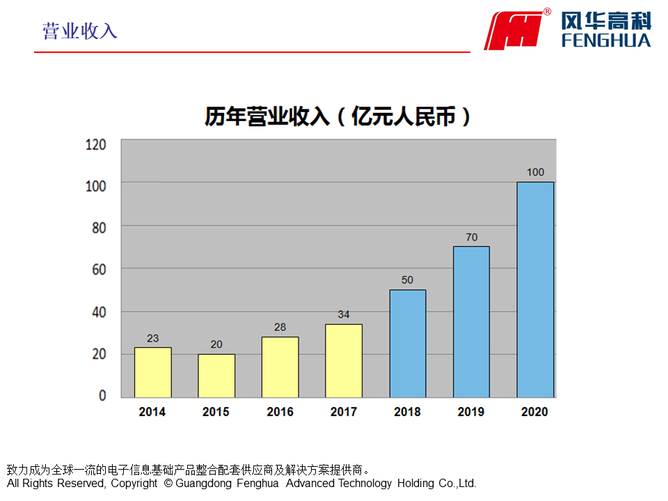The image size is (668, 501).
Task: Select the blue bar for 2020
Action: [x=535, y=289]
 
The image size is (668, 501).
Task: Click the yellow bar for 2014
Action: [x=152, y=372]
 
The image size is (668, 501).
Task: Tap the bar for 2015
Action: [x=216, y=376]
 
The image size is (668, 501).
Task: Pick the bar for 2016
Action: [x=280, y=367]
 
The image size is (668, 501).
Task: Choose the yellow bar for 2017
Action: [x=344, y=360]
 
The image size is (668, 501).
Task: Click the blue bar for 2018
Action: [x=408, y=344]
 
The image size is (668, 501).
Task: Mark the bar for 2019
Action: [x=471, y=322]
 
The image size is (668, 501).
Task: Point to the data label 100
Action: [x=535, y=173]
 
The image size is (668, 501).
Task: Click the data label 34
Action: [x=344, y=315]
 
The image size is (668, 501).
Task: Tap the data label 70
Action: [x=471, y=237]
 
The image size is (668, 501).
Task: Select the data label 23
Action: [x=152, y=338]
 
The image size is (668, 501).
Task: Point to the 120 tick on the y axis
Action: [x=95, y=145]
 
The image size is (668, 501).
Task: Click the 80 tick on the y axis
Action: [x=98, y=227]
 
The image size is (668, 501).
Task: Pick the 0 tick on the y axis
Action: [x=102, y=395]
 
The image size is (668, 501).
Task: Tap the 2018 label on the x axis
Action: [x=407, y=412]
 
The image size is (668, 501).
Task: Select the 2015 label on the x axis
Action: [x=216, y=412]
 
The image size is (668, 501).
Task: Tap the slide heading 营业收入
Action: [x=80, y=31]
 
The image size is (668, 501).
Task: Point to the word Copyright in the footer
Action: [x=134, y=483]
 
